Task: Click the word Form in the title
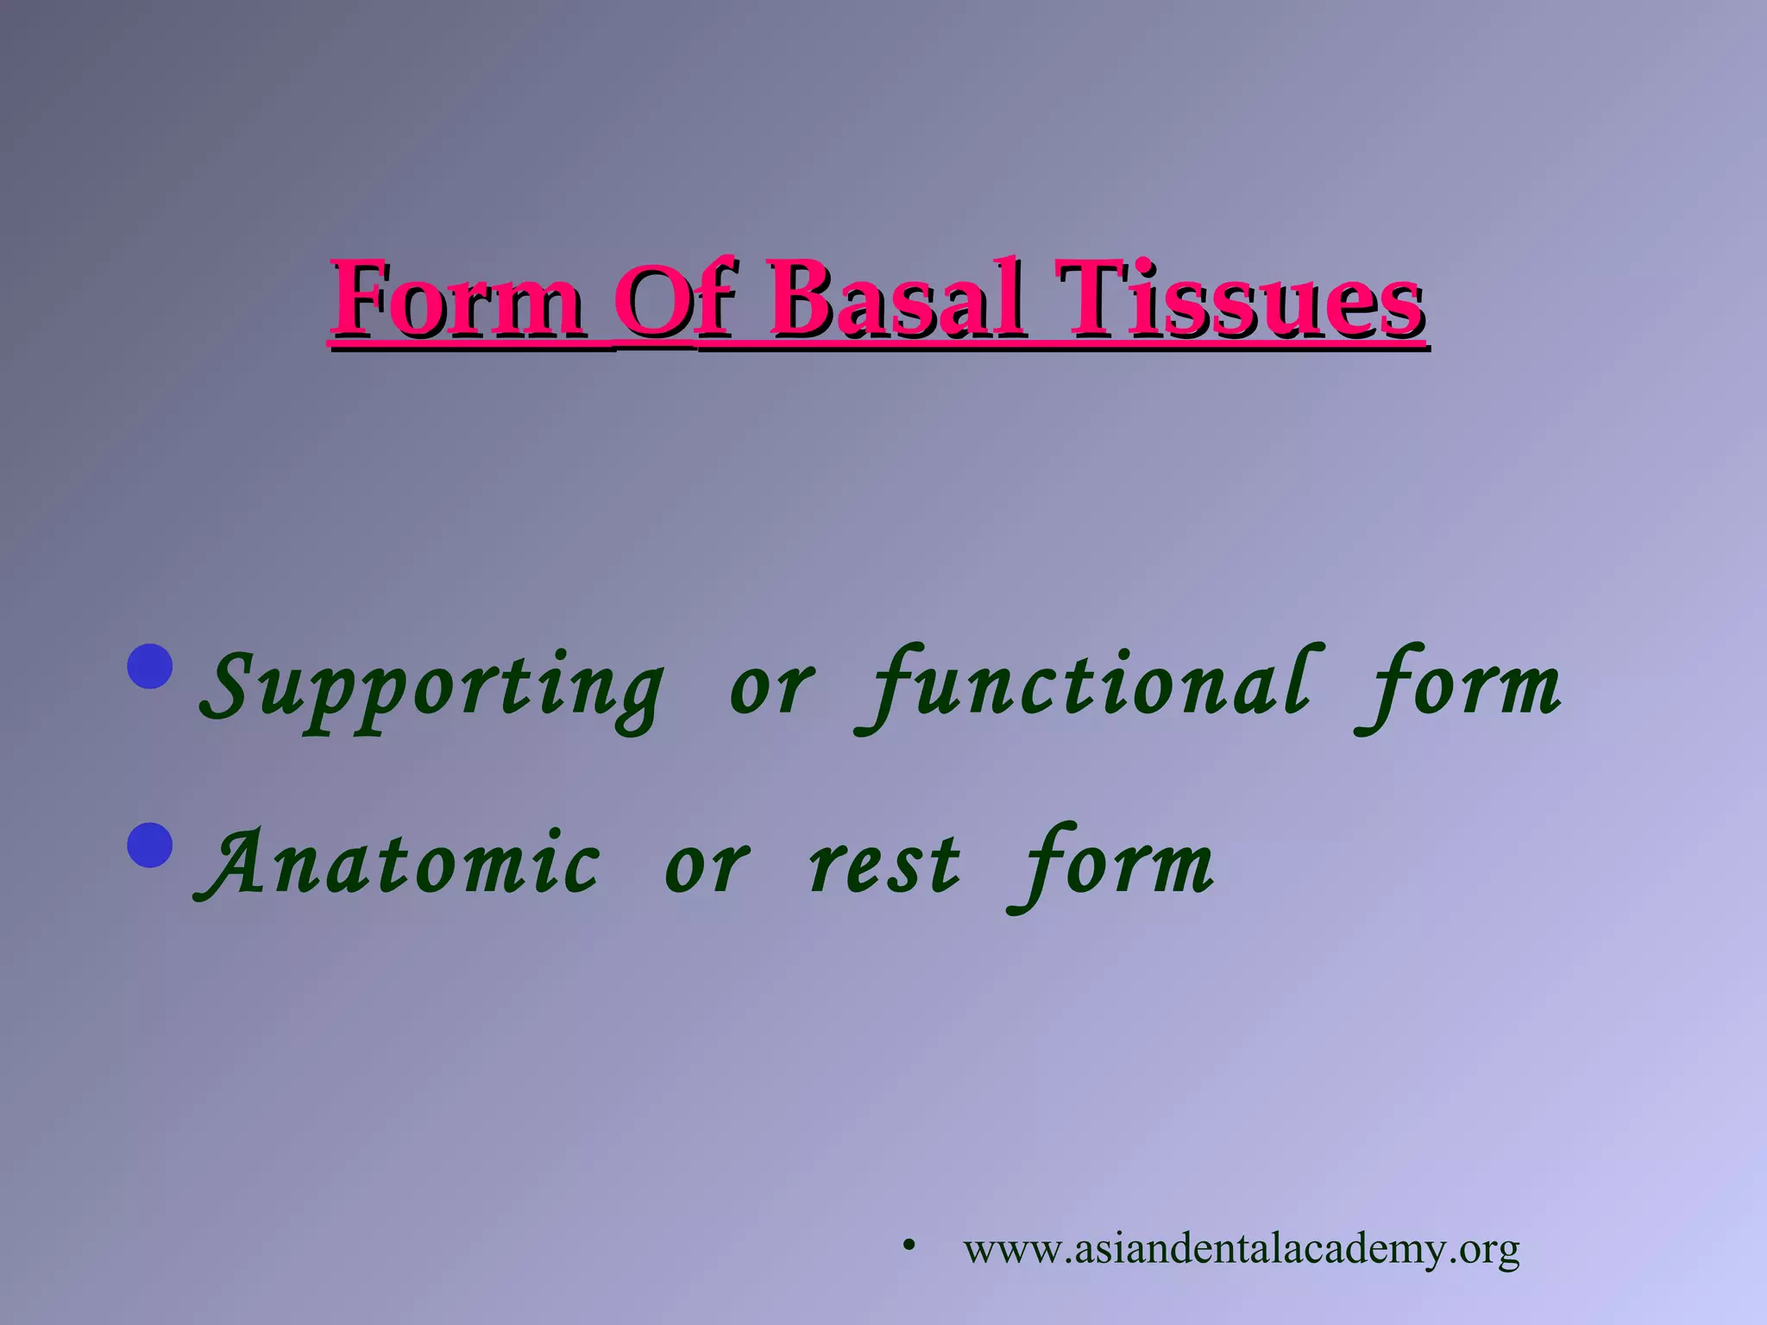457,299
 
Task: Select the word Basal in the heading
896,299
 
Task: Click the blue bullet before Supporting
150,666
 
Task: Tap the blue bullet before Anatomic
150,845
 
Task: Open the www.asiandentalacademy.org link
1242,1249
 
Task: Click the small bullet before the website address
908,1246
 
